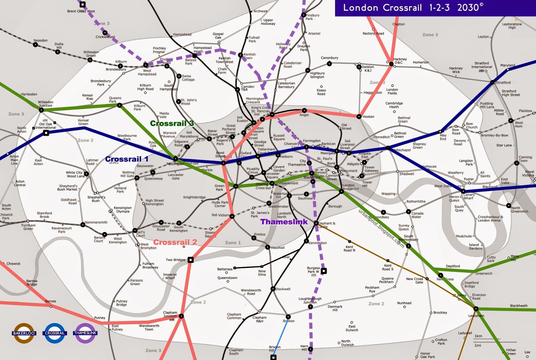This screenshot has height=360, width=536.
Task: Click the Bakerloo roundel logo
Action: (x=24, y=333)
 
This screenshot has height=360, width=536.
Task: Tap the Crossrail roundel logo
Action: (x=55, y=333)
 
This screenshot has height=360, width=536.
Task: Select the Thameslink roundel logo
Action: (x=85, y=333)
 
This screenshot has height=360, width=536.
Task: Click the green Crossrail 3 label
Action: (x=172, y=124)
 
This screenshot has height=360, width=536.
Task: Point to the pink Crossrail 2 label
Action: (x=175, y=242)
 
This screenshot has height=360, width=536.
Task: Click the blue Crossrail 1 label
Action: (x=127, y=159)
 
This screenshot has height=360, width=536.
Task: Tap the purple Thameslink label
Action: (x=284, y=222)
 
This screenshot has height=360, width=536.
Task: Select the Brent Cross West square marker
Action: (x=82, y=4)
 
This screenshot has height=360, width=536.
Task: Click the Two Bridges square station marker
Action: (x=191, y=260)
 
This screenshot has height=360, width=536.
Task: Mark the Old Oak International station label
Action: (x=46, y=126)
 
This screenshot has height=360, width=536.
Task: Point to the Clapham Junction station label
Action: (x=170, y=314)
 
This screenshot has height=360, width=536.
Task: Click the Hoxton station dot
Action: (x=359, y=117)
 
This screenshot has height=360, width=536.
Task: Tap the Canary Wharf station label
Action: (x=469, y=196)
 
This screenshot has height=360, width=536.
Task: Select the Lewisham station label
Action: (x=476, y=315)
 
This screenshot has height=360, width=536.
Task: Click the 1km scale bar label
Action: (x=478, y=336)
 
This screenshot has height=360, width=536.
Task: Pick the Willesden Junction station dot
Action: (x=41, y=110)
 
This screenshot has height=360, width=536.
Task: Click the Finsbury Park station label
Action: (x=312, y=17)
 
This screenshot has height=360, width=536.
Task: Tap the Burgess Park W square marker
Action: (x=324, y=271)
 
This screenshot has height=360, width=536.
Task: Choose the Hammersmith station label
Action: (x=96, y=222)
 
